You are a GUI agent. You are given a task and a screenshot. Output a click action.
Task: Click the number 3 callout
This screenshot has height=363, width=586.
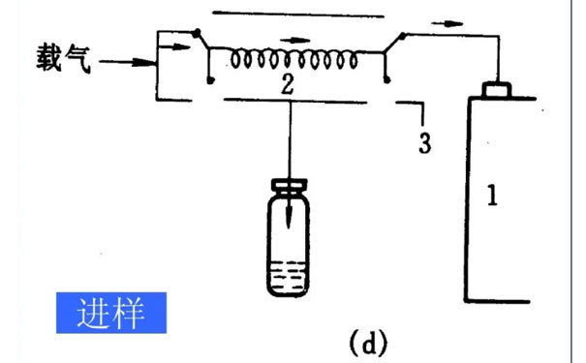(424, 142)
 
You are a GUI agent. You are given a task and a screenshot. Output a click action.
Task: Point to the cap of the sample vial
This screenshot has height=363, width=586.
(290, 185)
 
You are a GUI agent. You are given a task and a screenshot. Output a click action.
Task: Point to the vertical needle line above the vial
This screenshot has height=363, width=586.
(289, 136)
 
